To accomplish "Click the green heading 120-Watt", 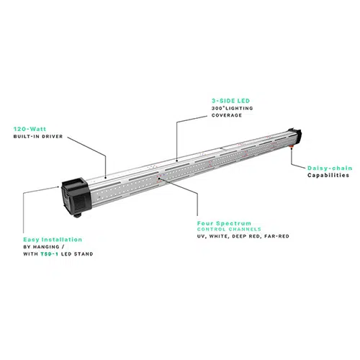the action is [x=30, y=129].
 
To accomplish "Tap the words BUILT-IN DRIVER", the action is [x=38, y=136].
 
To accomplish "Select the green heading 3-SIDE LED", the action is [x=230, y=101].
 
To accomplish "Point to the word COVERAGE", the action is [x=227, y=115].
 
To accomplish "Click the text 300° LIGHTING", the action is [x=232, y=108].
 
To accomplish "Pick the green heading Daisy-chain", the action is [x=330, y=168].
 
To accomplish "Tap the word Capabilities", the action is [x=328, y=175].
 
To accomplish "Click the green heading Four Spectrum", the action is [x=224, y=223].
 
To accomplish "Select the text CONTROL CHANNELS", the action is [x=229, y=229].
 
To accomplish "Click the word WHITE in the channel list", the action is [x=218, y=236].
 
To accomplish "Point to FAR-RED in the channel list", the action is [x=276, y=236].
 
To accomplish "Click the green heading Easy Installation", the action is [x=53, y=240].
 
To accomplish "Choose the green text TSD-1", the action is [x=49, y=254].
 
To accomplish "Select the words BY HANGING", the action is [x=41, y=247].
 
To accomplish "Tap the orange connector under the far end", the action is [x=291, y=146].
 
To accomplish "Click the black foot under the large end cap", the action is [x=78, y=215].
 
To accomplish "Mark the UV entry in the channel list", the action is [x=201, y=236].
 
